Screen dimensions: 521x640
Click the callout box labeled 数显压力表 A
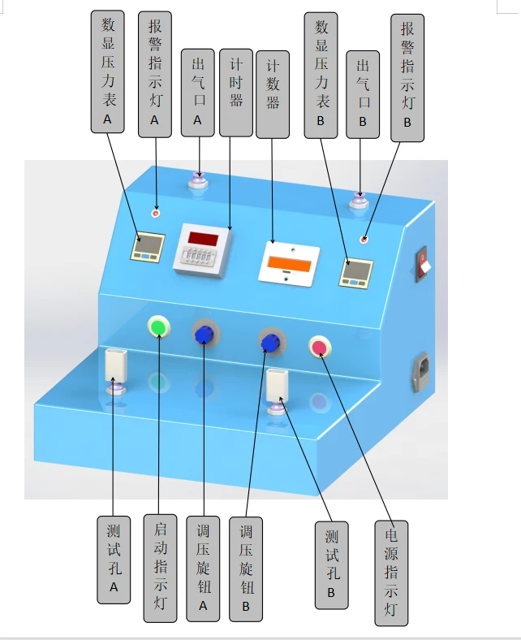pyautogui.click(x=108, y=71)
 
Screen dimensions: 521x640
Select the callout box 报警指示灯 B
pyautogui.click(x=407, y=78)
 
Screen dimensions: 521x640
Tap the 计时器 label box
pyautogui.click(x=236, y=93)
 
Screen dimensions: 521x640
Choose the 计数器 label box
pyautogui.click(x=273, y=95)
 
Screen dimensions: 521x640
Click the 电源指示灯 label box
pyautogui.click(x=391, y=573)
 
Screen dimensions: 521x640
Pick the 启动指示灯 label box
pyautogui.click(x=161, y=569)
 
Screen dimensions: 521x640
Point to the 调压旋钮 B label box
pyautogui.click(x=246, y=569)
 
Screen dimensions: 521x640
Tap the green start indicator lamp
pyautogui.click(x=159, y=326)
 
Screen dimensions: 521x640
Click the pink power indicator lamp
pyautogui.click(x=320, y=347)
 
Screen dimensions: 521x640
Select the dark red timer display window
pyautogui.click(x=203, y=239)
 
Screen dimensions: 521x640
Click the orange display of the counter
pyautogui.click(x=289, y=264)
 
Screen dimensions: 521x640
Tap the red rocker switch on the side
pyautogui.click(x=422, y=264)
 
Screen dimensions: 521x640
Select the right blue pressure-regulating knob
pyautogui.click(x=270, y=343)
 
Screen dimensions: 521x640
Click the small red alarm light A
pyautogui.click(x=156, y=213)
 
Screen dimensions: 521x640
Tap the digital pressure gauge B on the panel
pyautogui.click(x=355, y=273)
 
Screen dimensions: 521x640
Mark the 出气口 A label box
pyautogui.click(x=198, y=93)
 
